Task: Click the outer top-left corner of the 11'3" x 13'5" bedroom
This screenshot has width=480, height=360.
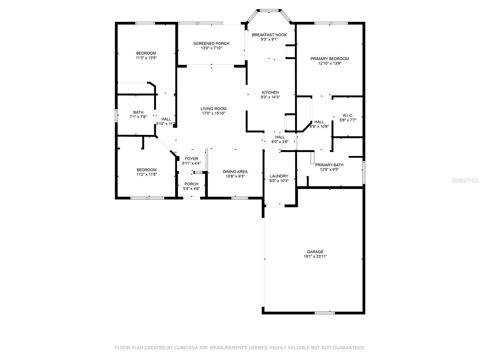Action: pos(115,22)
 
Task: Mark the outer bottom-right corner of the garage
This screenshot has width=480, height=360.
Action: pos(365,314)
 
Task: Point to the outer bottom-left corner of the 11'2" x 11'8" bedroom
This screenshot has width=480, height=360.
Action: pos(115,199)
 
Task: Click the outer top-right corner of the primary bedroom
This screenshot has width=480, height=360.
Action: pos(365,22)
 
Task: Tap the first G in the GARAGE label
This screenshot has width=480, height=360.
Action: pos(308,252)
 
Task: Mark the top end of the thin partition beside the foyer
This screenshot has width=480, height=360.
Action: pos(206,149)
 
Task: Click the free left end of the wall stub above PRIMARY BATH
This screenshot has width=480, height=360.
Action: pos(349,157)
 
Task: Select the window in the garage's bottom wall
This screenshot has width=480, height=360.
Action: pos(325,313)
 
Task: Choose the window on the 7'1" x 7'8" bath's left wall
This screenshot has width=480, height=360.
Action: pos(116,115)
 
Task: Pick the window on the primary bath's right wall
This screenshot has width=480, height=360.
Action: pos(364,172)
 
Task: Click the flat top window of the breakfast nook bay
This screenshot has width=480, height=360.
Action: pos(269,10)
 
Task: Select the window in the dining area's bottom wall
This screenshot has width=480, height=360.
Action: pos(240,198)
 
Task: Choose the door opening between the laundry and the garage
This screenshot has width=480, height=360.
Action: pos(275,206)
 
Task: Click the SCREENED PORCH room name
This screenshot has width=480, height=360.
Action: pos(211,43)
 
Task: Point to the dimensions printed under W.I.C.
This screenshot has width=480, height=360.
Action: pos(348,120)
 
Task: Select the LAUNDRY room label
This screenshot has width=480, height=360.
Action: pos(279,176)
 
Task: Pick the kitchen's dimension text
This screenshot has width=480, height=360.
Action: pos(270,97)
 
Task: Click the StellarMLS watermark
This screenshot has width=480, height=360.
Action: pos(465,180)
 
